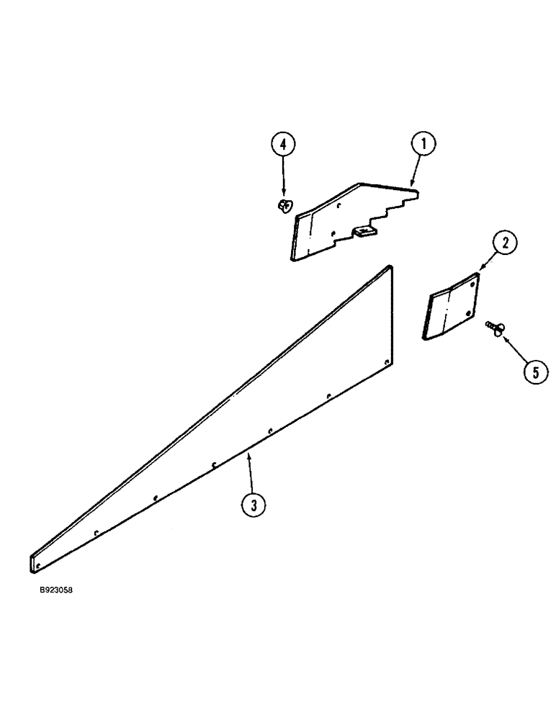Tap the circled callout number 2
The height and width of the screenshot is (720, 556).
(x=506, y=243)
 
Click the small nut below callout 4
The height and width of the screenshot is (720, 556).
(x=283, y=207)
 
